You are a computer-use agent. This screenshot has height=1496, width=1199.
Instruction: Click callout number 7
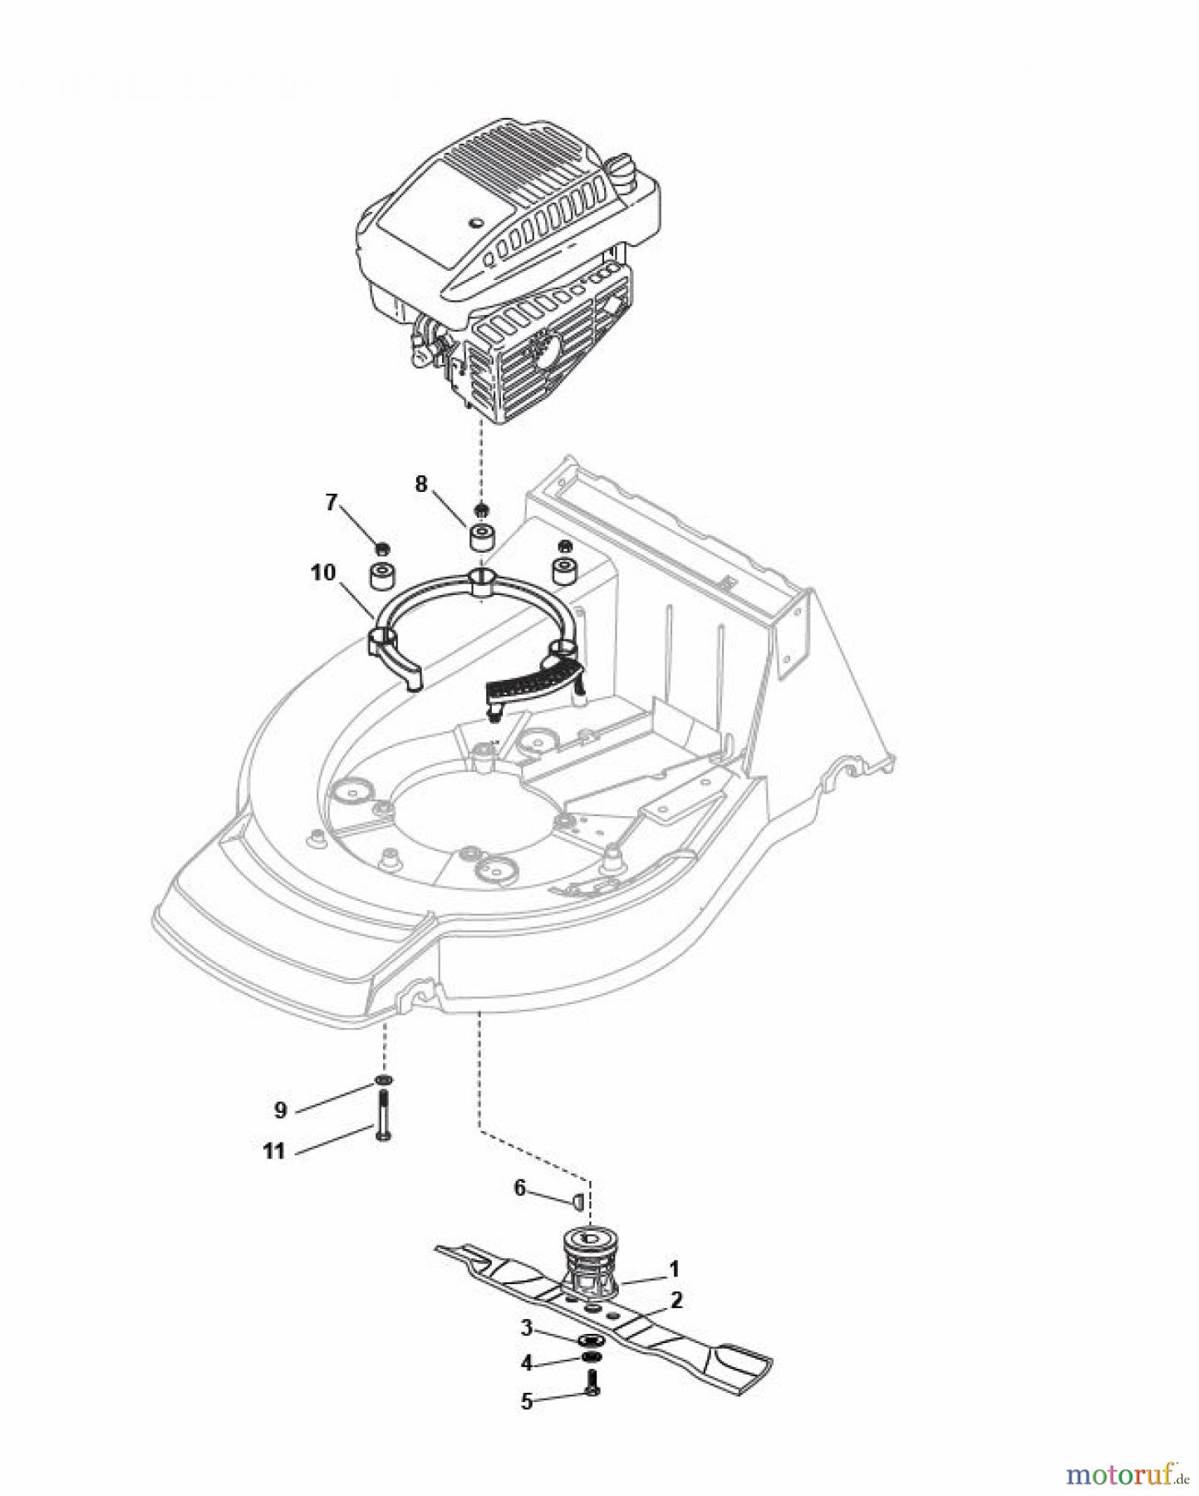[x=332, y=502]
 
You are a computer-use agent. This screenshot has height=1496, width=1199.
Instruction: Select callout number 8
[x=421, y=484]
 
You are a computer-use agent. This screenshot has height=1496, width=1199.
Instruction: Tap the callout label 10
[x=323, y=572]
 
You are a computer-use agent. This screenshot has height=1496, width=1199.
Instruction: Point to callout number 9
[x=281, y=1110]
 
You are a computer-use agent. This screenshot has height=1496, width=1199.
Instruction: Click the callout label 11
[x=273, y=1151]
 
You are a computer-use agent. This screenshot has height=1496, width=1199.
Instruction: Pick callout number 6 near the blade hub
[x=520, y=1188]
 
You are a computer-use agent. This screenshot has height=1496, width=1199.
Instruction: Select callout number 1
[x=675, y=1268]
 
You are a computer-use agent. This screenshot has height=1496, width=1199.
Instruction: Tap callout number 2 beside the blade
[x=676, y=1301]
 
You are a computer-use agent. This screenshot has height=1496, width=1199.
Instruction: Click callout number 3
[x=526, y=1328]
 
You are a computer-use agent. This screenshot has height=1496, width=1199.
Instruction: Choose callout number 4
[x=526, y=1363]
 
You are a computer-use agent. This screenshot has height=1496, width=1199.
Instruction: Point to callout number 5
[x=526, y=1400]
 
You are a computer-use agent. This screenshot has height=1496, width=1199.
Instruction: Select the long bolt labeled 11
[x=383, y=1118]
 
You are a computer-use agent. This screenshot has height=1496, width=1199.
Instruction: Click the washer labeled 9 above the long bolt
[x=383, y=1080]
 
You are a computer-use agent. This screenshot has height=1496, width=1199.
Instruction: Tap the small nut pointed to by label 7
[x=383, y=548]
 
